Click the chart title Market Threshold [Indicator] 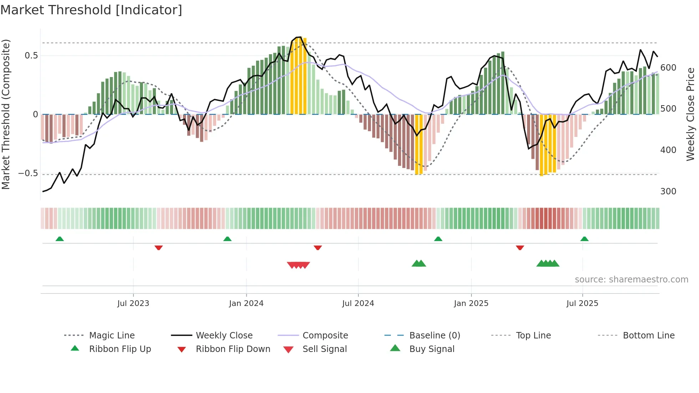91,10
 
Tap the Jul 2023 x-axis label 133,303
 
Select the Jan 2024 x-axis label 246,303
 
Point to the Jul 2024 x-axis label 358,303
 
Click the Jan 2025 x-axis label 471,303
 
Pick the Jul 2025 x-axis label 582,303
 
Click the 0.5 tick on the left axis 31,56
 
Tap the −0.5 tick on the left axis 28,174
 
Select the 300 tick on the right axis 668,192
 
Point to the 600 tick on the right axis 668,68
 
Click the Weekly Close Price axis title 690,114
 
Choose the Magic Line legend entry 112,336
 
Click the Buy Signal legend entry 432,349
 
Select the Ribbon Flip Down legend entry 233,349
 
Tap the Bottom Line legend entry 648,336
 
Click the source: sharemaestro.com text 631,280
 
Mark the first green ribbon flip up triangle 60,239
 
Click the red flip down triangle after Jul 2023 159,247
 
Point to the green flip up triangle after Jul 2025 584,239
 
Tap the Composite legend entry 325,336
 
